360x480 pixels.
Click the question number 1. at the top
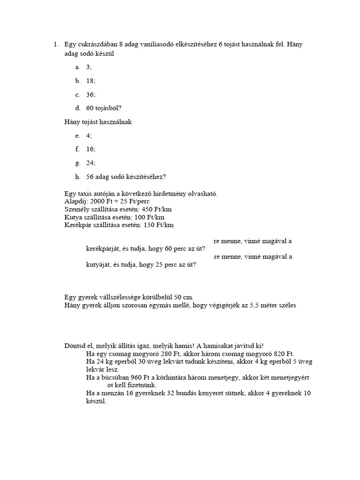(x=55, y=45)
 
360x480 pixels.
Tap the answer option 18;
(x=91, y=81)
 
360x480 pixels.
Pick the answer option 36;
(x=91, y=95)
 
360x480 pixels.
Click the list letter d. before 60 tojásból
(x=78, y=108)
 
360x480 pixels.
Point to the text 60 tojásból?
(x=104, y=108)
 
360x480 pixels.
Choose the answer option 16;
(x=91, y=150)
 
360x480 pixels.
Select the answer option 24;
(x=91, y=163)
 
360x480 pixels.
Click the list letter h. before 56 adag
(x=78, y=177)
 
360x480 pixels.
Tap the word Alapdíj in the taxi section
(x=75, y=201)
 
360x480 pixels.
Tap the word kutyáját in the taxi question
(x=98, y=265)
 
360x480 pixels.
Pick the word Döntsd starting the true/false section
(x=75, y=346)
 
